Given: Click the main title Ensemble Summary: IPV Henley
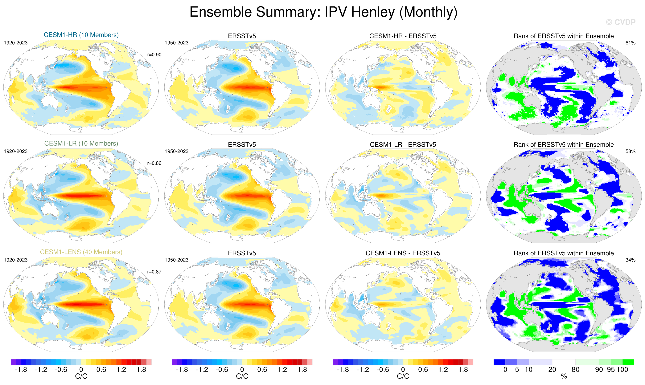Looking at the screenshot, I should [323, 12].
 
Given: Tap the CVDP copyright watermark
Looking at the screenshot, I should [620, 22].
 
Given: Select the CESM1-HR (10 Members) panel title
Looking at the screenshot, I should [81, 35].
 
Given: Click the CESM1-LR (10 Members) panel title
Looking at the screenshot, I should [81, 144].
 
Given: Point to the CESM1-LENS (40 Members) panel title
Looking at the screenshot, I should [81, 252].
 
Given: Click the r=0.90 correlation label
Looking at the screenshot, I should [154, 55].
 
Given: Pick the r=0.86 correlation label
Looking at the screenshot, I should [154, 163].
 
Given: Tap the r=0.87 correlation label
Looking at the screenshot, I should [154, 272].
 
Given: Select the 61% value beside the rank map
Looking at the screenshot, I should [630, 43].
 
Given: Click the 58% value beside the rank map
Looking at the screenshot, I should [630, 151].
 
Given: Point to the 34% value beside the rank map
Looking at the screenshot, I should [630, 260].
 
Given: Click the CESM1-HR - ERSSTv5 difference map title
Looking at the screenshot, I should [403, 36].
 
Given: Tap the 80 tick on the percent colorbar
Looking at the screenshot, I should [575, 369].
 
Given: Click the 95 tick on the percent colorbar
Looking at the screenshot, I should [610, 369].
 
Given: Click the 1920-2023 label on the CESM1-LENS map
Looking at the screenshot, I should [16, 260].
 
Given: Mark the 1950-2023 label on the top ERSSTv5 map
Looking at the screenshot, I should [176, 43].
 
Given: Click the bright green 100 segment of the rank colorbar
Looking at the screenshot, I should [628, 362].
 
